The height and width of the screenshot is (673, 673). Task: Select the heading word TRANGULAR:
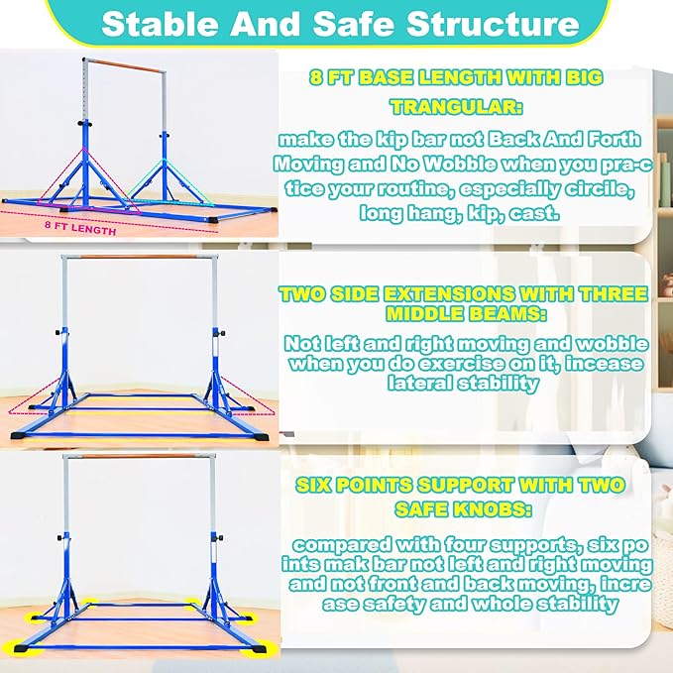pyautogui.click(x=455, y=106)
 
